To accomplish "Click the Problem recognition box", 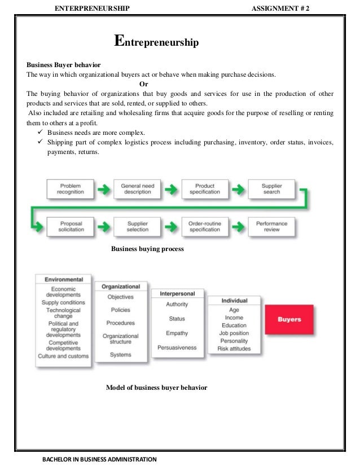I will [x=71, y=188].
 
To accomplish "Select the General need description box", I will [x=137, y=188].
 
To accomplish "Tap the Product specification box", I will [x=204, y=188].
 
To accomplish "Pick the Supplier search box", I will [x=271, y=188].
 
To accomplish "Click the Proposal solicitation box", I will [x=71, y=226].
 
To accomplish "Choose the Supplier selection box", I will [x=137, y=226].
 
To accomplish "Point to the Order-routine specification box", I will [x=204, y=226].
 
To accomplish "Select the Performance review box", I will [x=271, y=226].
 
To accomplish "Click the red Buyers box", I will [x=289, y=319].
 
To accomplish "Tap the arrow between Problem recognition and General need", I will [x=104, y=188].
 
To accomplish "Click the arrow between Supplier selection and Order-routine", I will [x=170, y=226].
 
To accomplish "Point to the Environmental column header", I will [x=63, y=279].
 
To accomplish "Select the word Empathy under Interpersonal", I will [x=177, y=333].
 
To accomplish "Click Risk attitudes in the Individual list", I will [x=234, y=349].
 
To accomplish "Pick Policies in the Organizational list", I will [x=121, y=310].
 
